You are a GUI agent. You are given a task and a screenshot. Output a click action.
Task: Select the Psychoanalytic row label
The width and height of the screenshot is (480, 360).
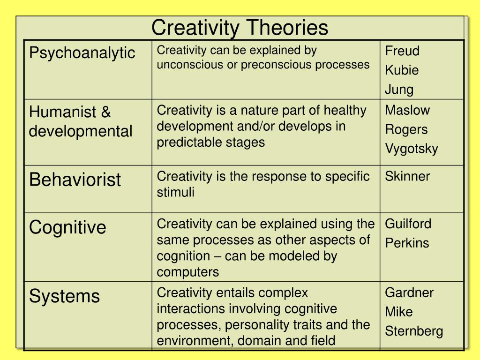point(82,52)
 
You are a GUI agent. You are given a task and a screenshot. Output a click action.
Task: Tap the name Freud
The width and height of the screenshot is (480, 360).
point(402,51)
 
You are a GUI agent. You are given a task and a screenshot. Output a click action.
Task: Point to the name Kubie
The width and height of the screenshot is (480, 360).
point(402,70)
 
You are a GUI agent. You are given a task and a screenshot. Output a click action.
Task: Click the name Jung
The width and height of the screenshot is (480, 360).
point(399,90)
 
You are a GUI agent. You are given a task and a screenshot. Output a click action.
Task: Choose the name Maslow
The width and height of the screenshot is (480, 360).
point(407,110)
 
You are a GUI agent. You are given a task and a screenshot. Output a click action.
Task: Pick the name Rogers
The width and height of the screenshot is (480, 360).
point(406,129)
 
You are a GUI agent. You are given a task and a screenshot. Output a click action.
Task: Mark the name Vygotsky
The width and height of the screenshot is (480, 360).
point(411,149)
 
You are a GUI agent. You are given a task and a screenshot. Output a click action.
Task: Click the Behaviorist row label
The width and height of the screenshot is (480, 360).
point(75,180)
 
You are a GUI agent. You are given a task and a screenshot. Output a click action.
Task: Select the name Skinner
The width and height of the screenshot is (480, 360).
point(407,177)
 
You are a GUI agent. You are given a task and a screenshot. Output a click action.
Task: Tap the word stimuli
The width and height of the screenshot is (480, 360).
point(175,192)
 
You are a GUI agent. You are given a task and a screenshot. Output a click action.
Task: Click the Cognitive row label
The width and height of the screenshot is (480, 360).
point(67,228)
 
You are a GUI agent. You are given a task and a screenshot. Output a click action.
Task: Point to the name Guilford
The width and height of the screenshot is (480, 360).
point(408,224)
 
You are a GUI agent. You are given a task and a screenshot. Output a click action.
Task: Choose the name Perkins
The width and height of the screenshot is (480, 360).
point(406,243)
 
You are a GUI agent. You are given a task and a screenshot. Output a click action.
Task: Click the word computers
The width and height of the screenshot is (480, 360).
point(187,272)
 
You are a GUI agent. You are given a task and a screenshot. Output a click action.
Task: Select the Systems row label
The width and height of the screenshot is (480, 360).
point(64,296)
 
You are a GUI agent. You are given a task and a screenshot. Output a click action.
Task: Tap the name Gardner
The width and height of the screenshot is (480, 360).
point(409,292)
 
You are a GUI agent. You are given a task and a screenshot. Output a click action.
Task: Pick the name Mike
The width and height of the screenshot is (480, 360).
point(399,312)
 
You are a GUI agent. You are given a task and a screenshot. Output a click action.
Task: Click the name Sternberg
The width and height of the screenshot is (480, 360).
point(413,331)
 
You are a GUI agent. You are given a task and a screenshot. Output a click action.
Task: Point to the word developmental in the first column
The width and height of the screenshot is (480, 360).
point(81,131)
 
